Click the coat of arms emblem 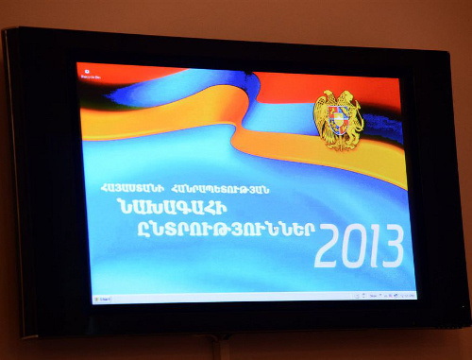click(338, 119)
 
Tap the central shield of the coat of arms click(339, 120)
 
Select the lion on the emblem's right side click(353, 119)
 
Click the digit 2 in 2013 click(329, 247)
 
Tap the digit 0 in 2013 click(353, 247)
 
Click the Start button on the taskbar click(97, 299)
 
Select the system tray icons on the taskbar click(387, 296)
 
